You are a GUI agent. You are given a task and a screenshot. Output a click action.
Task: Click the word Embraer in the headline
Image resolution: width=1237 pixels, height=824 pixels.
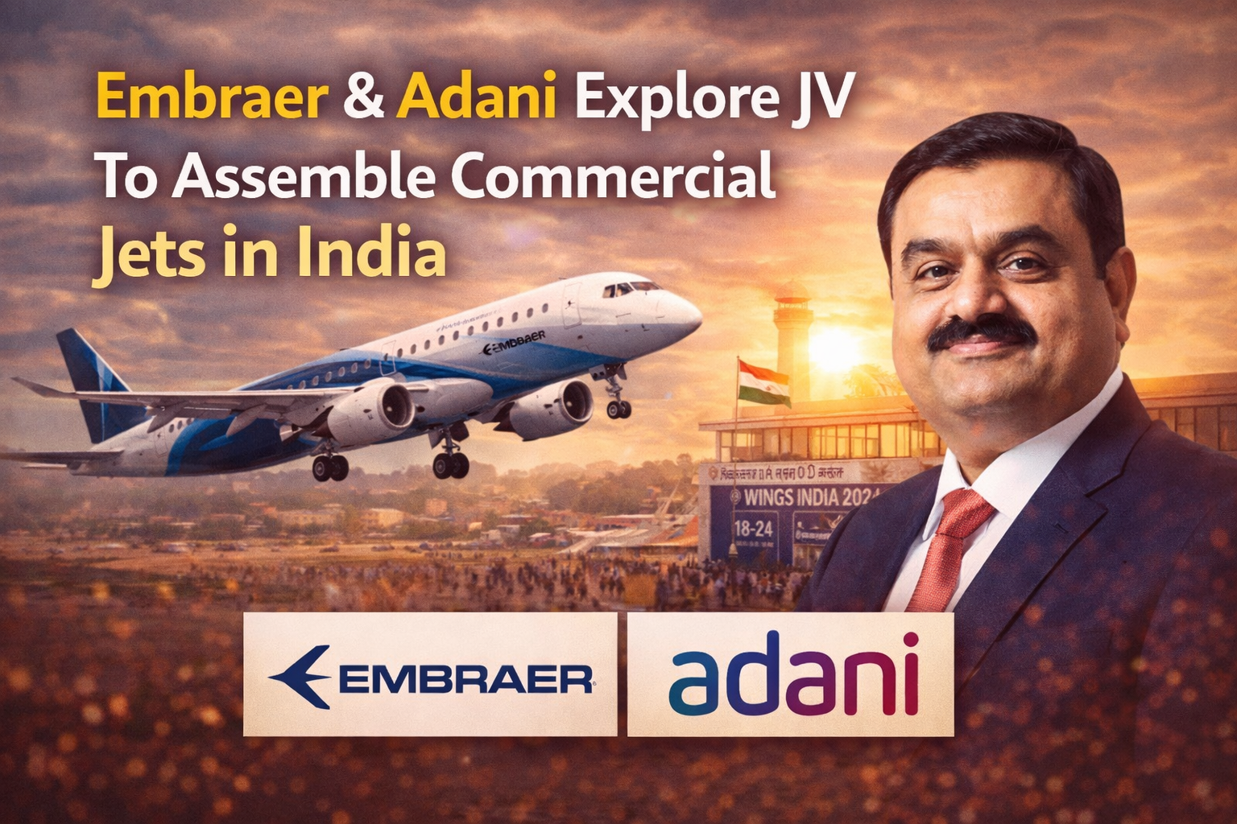click(x=212, y=98)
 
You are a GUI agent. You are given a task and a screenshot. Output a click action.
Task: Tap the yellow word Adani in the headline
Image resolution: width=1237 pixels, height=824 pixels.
click(x=476, y=98)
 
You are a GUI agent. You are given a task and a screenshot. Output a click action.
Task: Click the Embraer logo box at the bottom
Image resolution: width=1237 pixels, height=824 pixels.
click(x=430, y=674)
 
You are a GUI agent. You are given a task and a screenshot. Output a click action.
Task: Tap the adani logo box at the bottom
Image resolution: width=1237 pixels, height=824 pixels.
click(x=791, y=674)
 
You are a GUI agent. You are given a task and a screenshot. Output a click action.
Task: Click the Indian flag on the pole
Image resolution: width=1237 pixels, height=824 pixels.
click(x=764, y=381)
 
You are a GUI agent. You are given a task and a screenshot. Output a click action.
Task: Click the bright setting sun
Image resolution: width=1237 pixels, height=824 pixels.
click(x=834, y=348)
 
